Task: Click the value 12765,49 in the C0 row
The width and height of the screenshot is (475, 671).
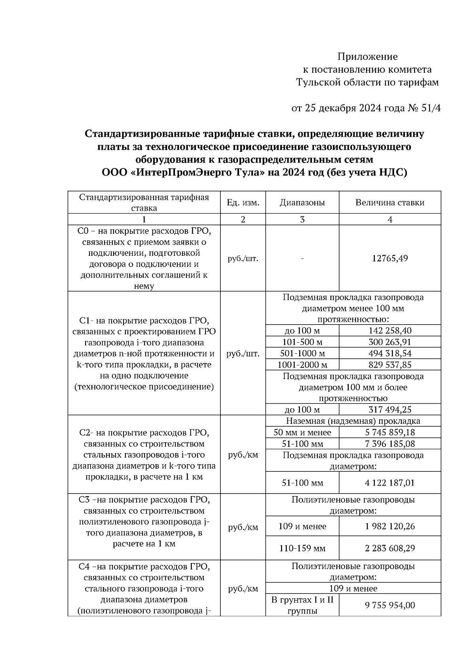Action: (390, 258)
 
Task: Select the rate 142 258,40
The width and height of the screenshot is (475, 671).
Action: (390, 331)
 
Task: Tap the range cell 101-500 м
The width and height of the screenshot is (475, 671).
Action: (302, 342)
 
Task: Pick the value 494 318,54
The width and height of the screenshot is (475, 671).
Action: (390, 353)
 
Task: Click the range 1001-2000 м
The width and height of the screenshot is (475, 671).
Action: (302, 365)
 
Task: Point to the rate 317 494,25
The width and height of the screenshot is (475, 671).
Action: (390, 410)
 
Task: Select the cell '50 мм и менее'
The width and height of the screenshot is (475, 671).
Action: (302, 432)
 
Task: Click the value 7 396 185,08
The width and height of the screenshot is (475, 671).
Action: (390, 444)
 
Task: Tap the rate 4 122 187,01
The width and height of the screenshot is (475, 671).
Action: (390, 483)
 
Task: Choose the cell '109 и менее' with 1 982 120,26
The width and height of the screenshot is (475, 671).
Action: (302, 526)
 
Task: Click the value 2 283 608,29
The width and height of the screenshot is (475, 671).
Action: (390, 548)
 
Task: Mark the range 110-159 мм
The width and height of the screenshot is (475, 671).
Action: (302, 548)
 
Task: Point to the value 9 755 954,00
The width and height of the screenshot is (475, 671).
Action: (390, 605)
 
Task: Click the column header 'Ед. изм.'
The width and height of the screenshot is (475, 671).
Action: (243, 203)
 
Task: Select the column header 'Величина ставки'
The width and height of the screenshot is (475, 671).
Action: (390, 203)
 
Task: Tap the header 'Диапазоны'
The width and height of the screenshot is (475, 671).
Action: (302, 203)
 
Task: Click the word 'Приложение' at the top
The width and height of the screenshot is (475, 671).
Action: (367, 57)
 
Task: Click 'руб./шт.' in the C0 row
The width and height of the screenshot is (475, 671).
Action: (243, 258)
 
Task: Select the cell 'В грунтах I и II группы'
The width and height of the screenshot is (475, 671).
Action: (302, 605)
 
